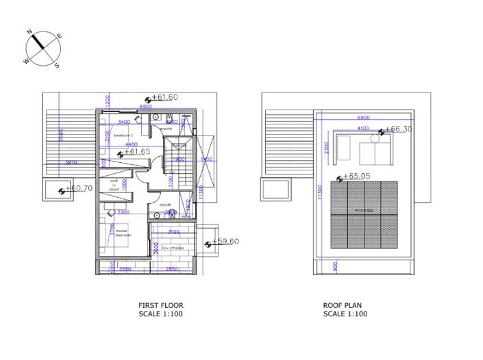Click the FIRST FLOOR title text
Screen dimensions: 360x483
[160, 305]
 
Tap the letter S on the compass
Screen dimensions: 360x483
[57, 66]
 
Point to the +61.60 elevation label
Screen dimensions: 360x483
[164, 97]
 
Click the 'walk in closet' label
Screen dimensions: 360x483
[114, 185]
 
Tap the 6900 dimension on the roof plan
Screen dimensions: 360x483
[363, 117]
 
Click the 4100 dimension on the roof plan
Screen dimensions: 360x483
[363, 128]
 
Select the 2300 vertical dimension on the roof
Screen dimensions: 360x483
[327, 149]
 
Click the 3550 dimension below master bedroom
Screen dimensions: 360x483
[125, 269]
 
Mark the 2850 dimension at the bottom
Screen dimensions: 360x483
[172, 269]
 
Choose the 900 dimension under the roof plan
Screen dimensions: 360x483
[335, 268]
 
